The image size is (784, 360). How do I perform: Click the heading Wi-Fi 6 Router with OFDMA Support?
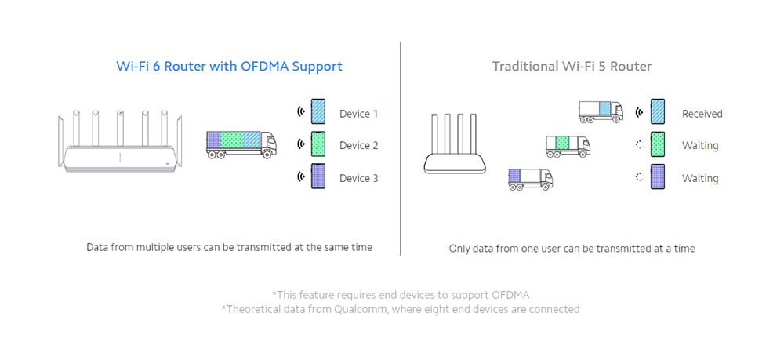(x=229, y=67)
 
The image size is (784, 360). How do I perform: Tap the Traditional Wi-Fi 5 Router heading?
(x=572, y=67)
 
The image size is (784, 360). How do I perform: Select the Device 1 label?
(x=358, y=114)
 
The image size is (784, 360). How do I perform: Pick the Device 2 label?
(x=358, y=146)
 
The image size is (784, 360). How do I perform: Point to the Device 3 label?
(x=358, y=179)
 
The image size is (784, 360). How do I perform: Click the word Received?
(x=702, y=114)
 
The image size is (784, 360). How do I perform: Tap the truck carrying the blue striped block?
(x=601, y=111)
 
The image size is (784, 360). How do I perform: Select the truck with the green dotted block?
(x=568, y=145)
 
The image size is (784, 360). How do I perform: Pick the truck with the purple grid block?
(x=530, y=178)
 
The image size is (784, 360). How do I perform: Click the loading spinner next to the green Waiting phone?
(x=640, y=145)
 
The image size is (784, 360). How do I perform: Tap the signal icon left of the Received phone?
(x=640, y=112)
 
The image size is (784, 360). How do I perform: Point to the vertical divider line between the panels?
(x=401, y=149)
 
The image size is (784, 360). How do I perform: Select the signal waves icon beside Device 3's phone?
(x=300, y=178)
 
